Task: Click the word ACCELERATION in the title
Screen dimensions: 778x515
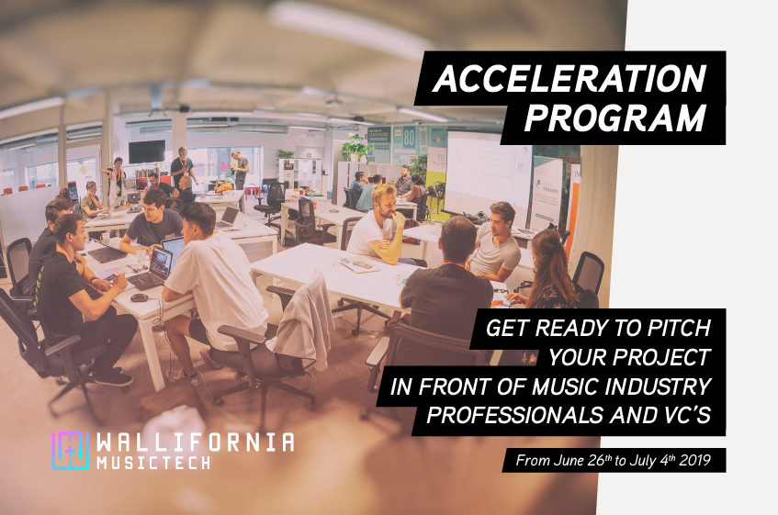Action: tap(569, 78)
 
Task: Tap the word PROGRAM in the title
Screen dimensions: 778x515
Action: tap(615, 118)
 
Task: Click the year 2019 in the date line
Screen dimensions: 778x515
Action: tap(694, 461)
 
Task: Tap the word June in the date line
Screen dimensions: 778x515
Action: tap(569, 461)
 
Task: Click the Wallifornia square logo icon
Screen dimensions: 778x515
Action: tap(71, 451)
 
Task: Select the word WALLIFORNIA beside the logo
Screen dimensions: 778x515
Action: tap(196, 442)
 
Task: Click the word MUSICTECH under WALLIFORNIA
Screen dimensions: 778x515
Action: tap(153, 463)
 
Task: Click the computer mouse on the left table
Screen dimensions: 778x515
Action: tap(139, 297)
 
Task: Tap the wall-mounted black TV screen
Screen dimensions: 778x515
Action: tap(147, 151)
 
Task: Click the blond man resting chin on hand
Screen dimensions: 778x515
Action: tap(379, 226)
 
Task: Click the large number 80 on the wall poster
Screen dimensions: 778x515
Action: tap(409, 138)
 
